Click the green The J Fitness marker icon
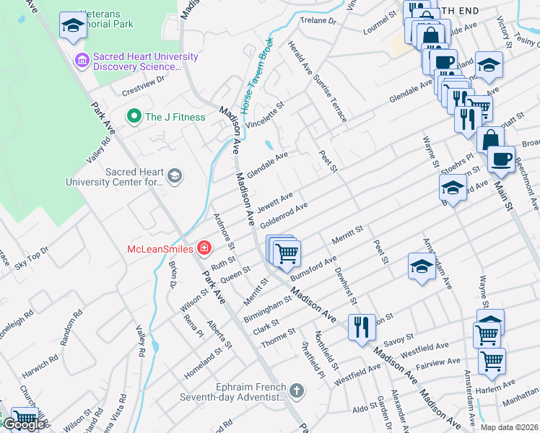click(133, 117)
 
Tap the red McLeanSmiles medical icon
click(204, 249)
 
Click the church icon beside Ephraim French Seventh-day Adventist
click(295, 391)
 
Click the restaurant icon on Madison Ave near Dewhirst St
click(362, 326)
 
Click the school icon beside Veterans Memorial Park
click(72, 25)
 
